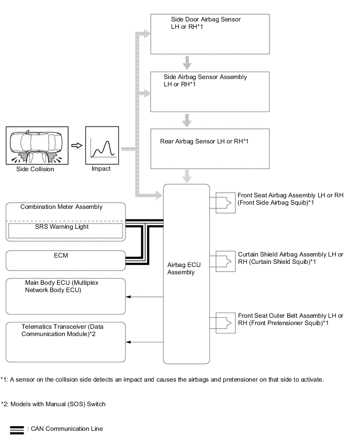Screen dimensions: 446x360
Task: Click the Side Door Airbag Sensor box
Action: point(210,34)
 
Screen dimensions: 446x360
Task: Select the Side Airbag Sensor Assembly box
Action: point(210,91)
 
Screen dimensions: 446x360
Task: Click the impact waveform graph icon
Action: point(101,146)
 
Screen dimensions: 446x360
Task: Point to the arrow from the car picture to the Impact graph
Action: point(77,146)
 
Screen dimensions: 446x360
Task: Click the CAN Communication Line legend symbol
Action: point(17,430)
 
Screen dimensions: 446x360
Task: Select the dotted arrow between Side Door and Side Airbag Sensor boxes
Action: point(187,63)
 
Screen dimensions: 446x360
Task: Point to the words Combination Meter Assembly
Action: point(61,207)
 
